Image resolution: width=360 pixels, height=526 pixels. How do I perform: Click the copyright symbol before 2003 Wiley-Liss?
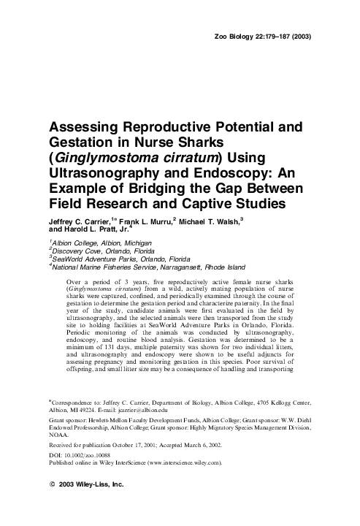coord(52,464)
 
